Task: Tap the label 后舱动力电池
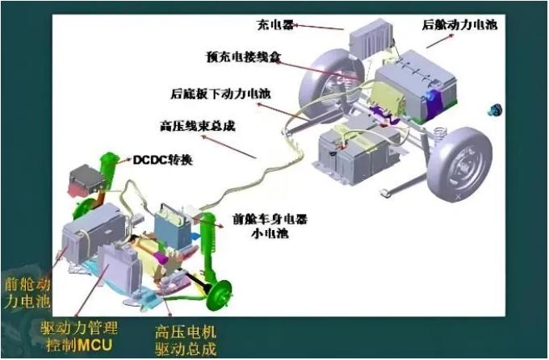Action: [x=459, y=25]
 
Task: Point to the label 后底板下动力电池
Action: [x=220, y=94]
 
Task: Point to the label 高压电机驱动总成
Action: [x=185, y=340]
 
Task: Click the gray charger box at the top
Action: [x=367, y=36]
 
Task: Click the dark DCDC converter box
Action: [x=85, y=180]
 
